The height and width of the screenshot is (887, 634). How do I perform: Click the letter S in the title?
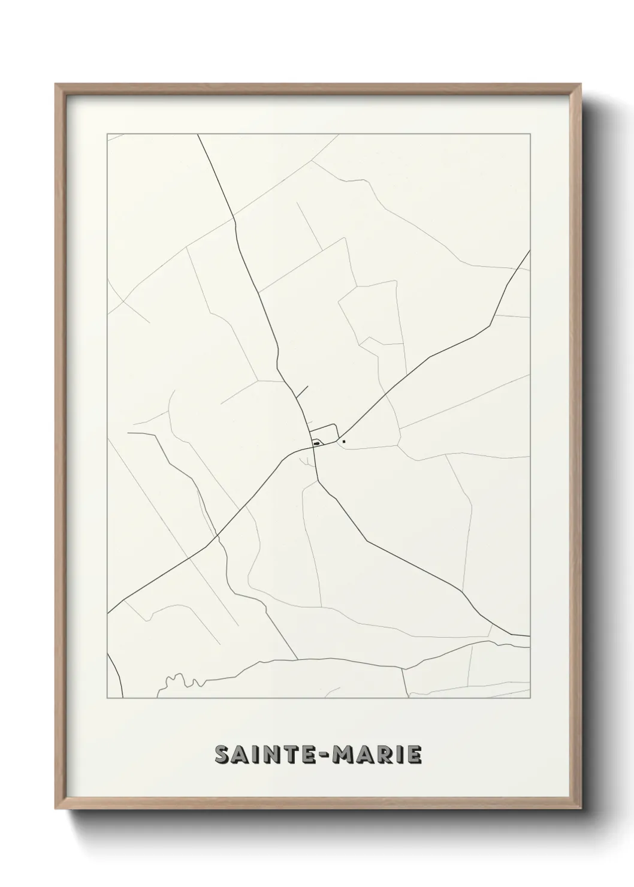(x=224, y=755)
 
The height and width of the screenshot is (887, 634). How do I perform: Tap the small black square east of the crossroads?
(x=344, y=442)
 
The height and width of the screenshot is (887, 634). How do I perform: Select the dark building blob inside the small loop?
(x=316, y=444)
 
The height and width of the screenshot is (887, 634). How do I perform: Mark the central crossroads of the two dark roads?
(x=312, y=449)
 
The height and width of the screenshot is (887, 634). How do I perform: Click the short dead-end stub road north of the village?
(x=301, y=392)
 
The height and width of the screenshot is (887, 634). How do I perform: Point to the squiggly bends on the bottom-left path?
(x=180, y=680)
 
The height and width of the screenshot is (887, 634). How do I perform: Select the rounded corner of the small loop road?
(x=336, y=426)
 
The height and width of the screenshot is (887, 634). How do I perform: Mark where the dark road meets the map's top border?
(x=198, y=135)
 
